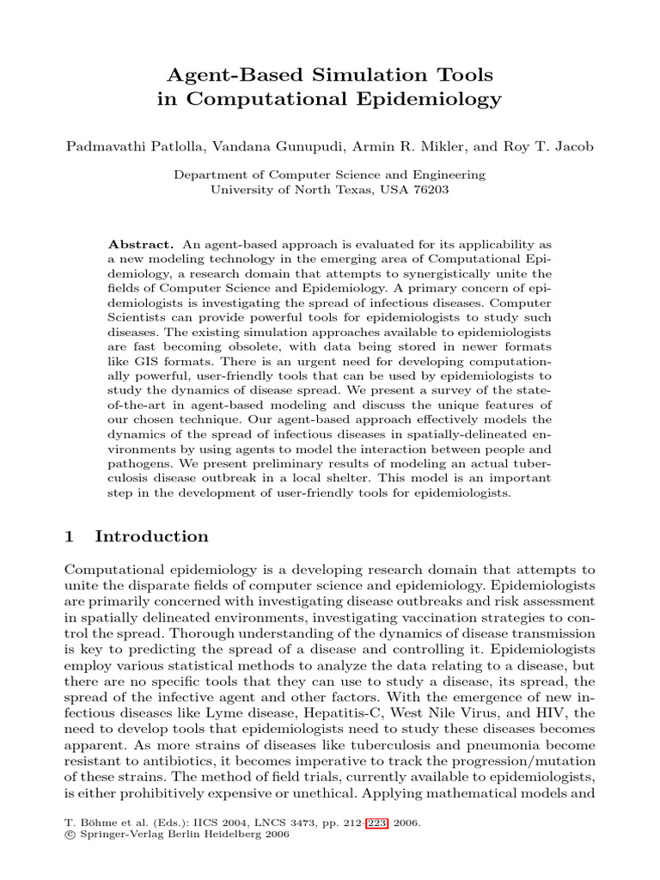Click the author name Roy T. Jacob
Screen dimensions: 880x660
click(550, 146)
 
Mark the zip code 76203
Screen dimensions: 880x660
click(430, 189)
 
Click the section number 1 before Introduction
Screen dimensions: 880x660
click(70, 536)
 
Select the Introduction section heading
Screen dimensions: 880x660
click(151, 536)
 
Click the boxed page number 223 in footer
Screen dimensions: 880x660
click(376, 822)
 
